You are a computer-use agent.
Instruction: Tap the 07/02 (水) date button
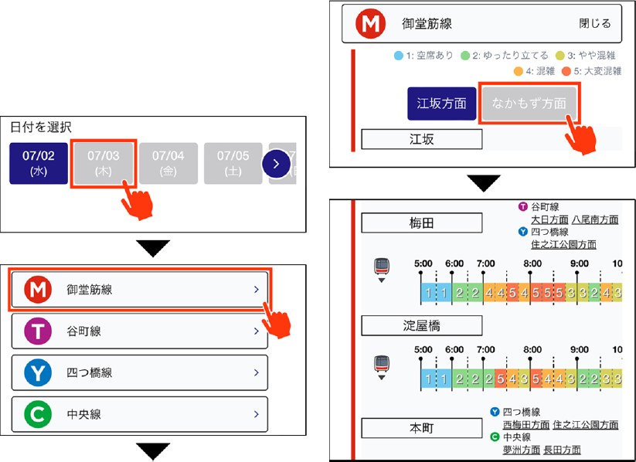[x=39, y=163]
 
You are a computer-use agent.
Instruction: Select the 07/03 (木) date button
[x=103, y=163]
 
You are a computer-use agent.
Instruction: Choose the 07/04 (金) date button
[x=168, y=163]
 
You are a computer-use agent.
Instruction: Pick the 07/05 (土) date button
[x=233, y=163]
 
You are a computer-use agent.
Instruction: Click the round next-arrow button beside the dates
[x=277, y=163]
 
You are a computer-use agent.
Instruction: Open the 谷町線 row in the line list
[x=139, y=331]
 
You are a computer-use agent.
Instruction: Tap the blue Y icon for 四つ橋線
[x=36, y=373]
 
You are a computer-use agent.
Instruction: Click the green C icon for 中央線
[x=36, y=415]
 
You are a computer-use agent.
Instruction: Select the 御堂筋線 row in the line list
[x=139, y=290]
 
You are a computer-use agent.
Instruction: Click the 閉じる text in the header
[x=594, y=24]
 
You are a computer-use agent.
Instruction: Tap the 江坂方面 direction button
[x=441, y=104]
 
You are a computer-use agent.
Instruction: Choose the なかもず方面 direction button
[x=529, y=104]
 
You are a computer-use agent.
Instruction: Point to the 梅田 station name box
[x=421, y=223]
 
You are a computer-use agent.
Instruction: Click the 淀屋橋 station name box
[x=421, y=324]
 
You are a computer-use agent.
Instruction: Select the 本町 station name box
[x=421, y=427]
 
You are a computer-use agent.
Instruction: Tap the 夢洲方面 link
[x=522, y=449]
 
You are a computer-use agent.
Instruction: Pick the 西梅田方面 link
[x=525, y=424]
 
